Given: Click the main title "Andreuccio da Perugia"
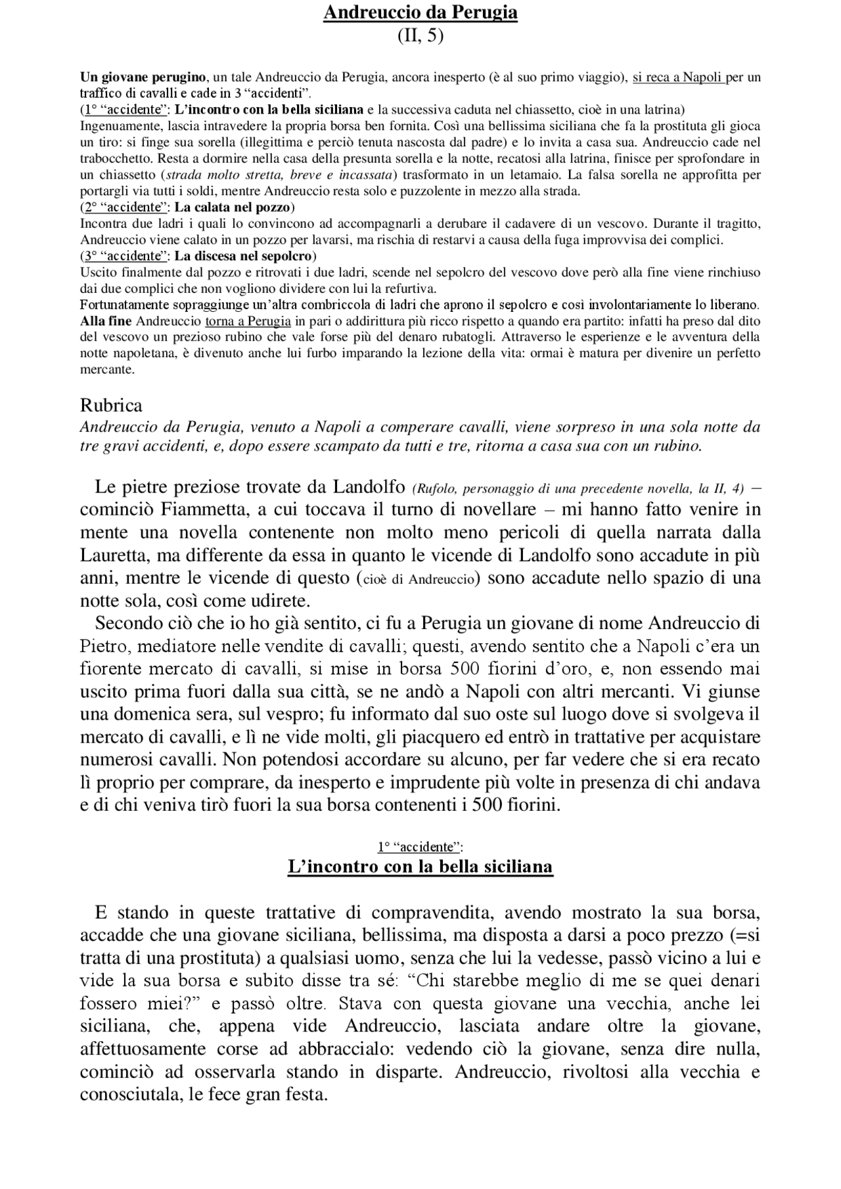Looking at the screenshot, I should click(420, 12).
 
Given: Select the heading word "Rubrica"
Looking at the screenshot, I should click(111, 404).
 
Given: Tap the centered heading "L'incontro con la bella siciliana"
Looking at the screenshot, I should click(420, 867).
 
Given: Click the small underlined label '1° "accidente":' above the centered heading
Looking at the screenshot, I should click(420, 847).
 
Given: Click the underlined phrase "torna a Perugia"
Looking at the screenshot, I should click(248, 321).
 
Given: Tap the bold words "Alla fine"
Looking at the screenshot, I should click(106, 321).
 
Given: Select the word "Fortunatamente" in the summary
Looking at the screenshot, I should click(125, 305).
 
